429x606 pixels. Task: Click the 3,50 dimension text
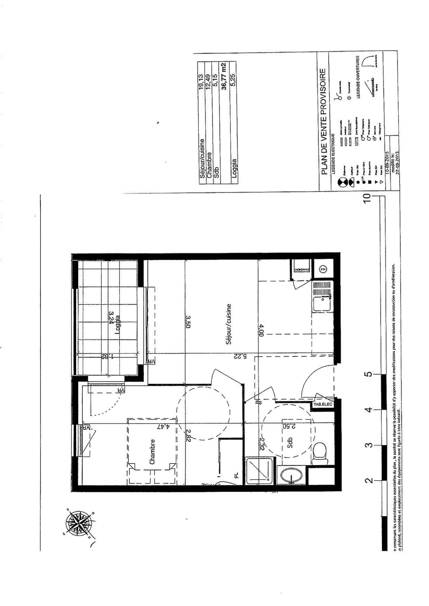[x=188, y=321]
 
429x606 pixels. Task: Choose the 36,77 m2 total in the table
[x=224, y=76]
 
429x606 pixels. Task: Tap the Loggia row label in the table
[x=234, y=168]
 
